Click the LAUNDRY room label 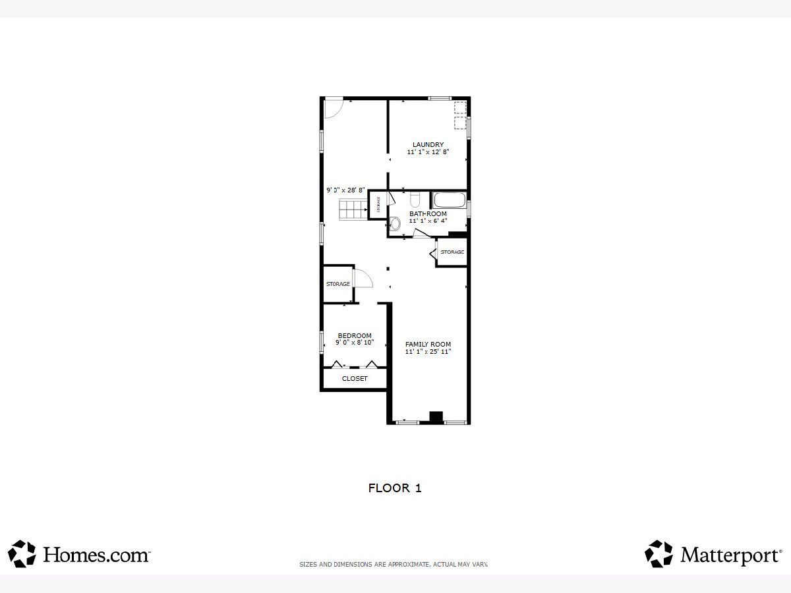(428, 145)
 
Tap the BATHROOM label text (428, 214)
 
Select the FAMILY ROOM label (428, 344)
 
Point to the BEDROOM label (355, 335)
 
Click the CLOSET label (355, 378)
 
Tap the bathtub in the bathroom (450, 200)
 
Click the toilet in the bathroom (415, 200)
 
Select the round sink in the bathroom (395, 223)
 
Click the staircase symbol (353, 210)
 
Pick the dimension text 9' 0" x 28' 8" (345, 190)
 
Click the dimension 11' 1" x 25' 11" (428, 351)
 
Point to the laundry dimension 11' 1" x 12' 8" (428, 152)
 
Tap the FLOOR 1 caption (395, 488)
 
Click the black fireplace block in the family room (436, 416)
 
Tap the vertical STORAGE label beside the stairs (378, 204)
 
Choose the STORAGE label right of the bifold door (452, 252)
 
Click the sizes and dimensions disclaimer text (394, 564)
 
